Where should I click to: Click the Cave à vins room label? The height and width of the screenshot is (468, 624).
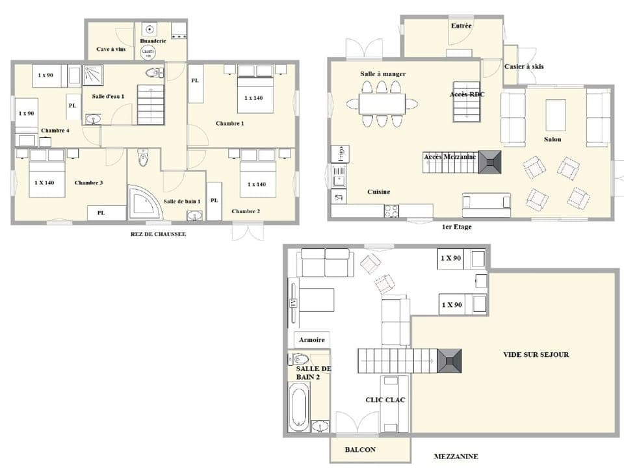coord(110,49)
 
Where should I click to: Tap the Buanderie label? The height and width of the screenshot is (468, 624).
coord(153,41)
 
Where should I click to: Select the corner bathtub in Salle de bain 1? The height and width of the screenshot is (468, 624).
coord(143,203)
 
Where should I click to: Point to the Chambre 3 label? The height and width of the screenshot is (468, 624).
coord(88,183)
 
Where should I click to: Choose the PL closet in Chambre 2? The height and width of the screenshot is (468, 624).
coord(214,200)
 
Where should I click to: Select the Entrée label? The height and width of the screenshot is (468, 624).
coord(461,25)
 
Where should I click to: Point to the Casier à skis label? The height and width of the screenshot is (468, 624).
coord(524,66)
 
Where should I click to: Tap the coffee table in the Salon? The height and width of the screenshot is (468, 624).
coord(556,115)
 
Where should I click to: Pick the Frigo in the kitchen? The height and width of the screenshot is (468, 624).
coord(338,153)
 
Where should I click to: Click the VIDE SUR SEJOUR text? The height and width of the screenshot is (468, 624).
coord(536,354)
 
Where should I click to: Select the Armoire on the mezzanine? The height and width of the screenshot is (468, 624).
coord(311,339)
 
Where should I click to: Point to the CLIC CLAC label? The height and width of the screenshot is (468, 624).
coord(385,400)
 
